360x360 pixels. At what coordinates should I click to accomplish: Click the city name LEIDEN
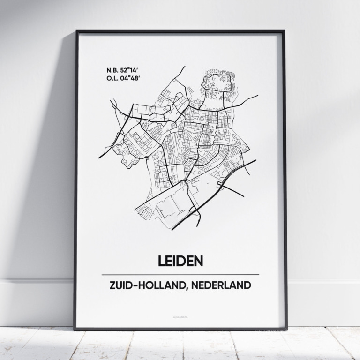[x=180, y=261]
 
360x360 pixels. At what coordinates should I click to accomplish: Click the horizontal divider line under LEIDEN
[x=180, y=275]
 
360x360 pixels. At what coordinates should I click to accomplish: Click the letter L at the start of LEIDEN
[x=161, y=261]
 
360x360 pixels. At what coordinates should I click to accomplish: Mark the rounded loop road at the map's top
[x=217, y=82]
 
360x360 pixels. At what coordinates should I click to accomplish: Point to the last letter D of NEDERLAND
[x=247, y=285]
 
